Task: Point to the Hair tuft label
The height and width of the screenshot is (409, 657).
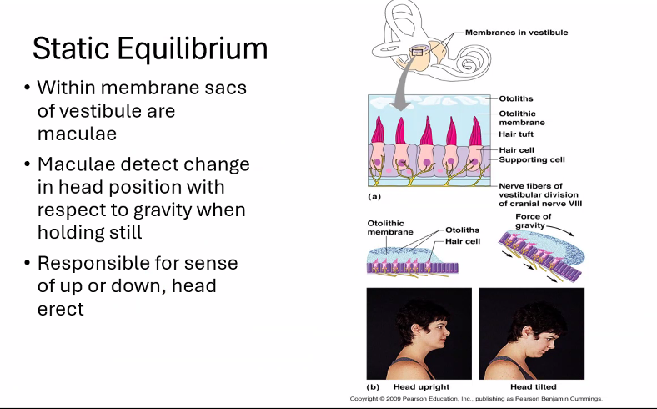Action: tap(517, 134)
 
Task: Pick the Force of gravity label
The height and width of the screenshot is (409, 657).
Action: tap(534, 221)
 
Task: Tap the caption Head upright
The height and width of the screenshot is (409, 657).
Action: tap(421, 387)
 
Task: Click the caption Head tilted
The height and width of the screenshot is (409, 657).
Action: tap(534, 387)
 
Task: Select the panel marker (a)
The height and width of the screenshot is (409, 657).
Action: tap(374, 197)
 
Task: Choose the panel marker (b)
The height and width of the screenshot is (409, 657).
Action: tap(374, 387)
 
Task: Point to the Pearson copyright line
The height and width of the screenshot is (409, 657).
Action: tap(476, 399)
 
